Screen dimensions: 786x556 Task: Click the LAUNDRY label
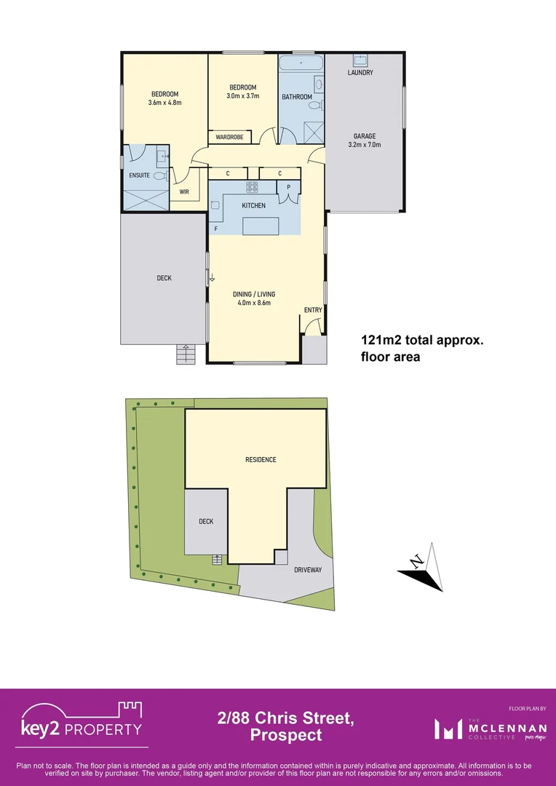point(360,73)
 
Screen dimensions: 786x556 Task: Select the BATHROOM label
point(297,97)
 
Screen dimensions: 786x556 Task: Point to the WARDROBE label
point(229,137)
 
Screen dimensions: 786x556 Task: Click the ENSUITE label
point(139,175)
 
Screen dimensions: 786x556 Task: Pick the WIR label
point(185,192)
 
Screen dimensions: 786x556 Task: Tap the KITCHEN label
point(254,206)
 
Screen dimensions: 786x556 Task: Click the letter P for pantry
point(289,187)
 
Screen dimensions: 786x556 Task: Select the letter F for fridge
point(216,229)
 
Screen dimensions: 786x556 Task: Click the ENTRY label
point(313,310)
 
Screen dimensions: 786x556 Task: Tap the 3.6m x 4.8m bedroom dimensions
point(164,103)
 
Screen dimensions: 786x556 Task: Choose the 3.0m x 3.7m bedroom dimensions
point(242,96)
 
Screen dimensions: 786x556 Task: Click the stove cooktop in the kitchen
point(252,187)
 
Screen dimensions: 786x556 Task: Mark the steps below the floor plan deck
point(186,354)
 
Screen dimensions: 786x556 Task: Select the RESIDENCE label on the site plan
point(260,460)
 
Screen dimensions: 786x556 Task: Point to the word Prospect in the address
point(286,735)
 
